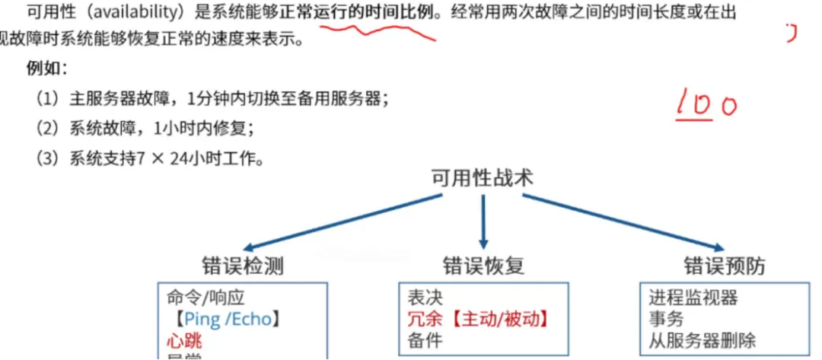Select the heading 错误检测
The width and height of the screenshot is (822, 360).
click(x=243, y=266)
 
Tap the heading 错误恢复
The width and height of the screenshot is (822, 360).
click(x=483, y=266)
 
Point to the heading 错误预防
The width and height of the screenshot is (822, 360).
click(x=724, y=266)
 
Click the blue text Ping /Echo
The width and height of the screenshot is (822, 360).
click(x=228, y=318)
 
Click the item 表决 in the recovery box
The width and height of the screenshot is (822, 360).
click(x=425, y=298)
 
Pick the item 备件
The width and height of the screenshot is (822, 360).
click(x=425, y=339)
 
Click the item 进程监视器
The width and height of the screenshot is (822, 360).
click(x=693, y=298)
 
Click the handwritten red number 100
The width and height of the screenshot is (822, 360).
click(x=705, y=105)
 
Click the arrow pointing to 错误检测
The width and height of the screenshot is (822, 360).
click(x=342, y=222)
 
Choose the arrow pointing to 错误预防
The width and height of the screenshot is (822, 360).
click(x=620, y=222)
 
